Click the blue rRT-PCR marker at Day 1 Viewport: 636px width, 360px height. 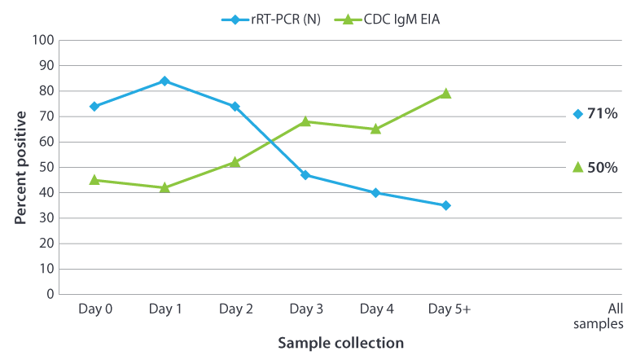click(x=164, y=81)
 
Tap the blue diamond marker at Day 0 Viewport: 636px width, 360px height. click(x=94, y=106)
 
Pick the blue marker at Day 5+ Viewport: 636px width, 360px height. click(x=445, y=205)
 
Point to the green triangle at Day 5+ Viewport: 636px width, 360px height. click(x=445, y=94)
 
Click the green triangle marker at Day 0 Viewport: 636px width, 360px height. click(x=94, y=179)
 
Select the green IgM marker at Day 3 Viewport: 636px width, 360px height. click(x=305, y=121)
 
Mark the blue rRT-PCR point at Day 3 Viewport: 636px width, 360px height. click(x=305, y=175)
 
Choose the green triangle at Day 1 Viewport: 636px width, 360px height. click(x=164, y=187)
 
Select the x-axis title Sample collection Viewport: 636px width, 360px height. click(x=340, y=343)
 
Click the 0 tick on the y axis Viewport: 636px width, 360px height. click(x=50, y=294)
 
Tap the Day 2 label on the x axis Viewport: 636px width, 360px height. click(x=235, y=310)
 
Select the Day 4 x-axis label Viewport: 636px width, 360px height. click(x=375, y=310)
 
